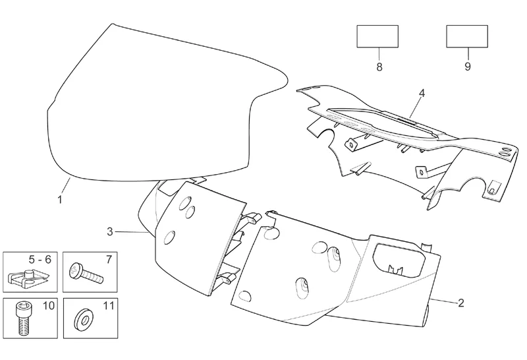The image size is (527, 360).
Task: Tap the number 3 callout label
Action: [x=110, y=231]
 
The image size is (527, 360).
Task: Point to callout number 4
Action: [x=422, y=93]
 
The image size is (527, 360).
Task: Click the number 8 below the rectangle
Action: [x=379, y=67]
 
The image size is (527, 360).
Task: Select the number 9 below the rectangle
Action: [x=467, y=67]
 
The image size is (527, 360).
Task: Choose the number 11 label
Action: [x=108, y=305]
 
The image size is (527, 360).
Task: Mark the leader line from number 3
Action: [x=135, y=231]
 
